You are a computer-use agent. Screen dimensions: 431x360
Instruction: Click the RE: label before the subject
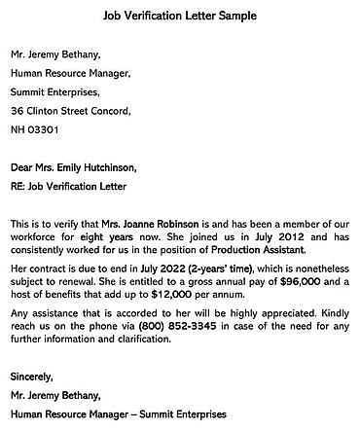(x=19, y=186)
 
